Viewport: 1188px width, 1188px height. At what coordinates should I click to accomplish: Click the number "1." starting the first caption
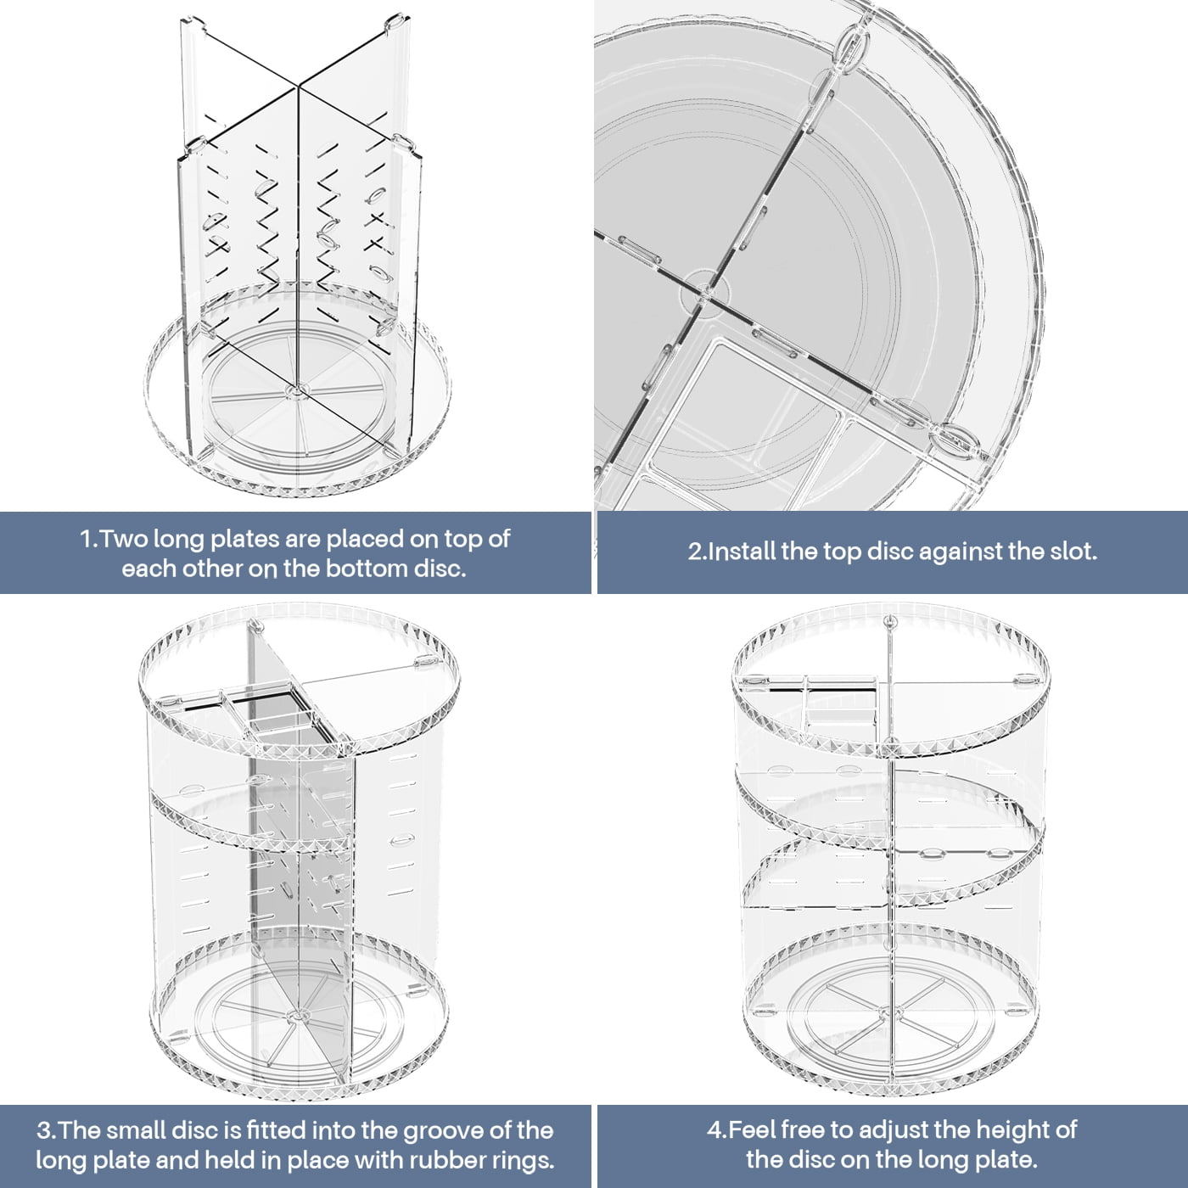[x=89, y=540]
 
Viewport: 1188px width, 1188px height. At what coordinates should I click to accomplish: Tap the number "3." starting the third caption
[x=45, y=1130]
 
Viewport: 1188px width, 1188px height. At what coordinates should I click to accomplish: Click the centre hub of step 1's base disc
[x=294, y=389]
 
